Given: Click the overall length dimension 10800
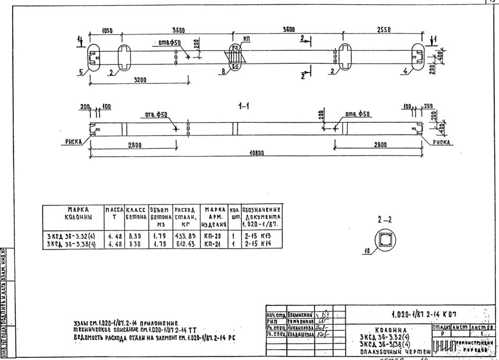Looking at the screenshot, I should click(x=257, y=153).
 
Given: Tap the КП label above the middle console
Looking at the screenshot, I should click(x=246, y=40).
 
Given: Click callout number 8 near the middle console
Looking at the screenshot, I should click(x=224, y=70).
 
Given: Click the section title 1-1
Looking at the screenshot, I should click(x=246, y=107).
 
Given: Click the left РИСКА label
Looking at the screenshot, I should click(x=69, y=142).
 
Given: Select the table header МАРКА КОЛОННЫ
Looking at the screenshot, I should click(x=76, y=213).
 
